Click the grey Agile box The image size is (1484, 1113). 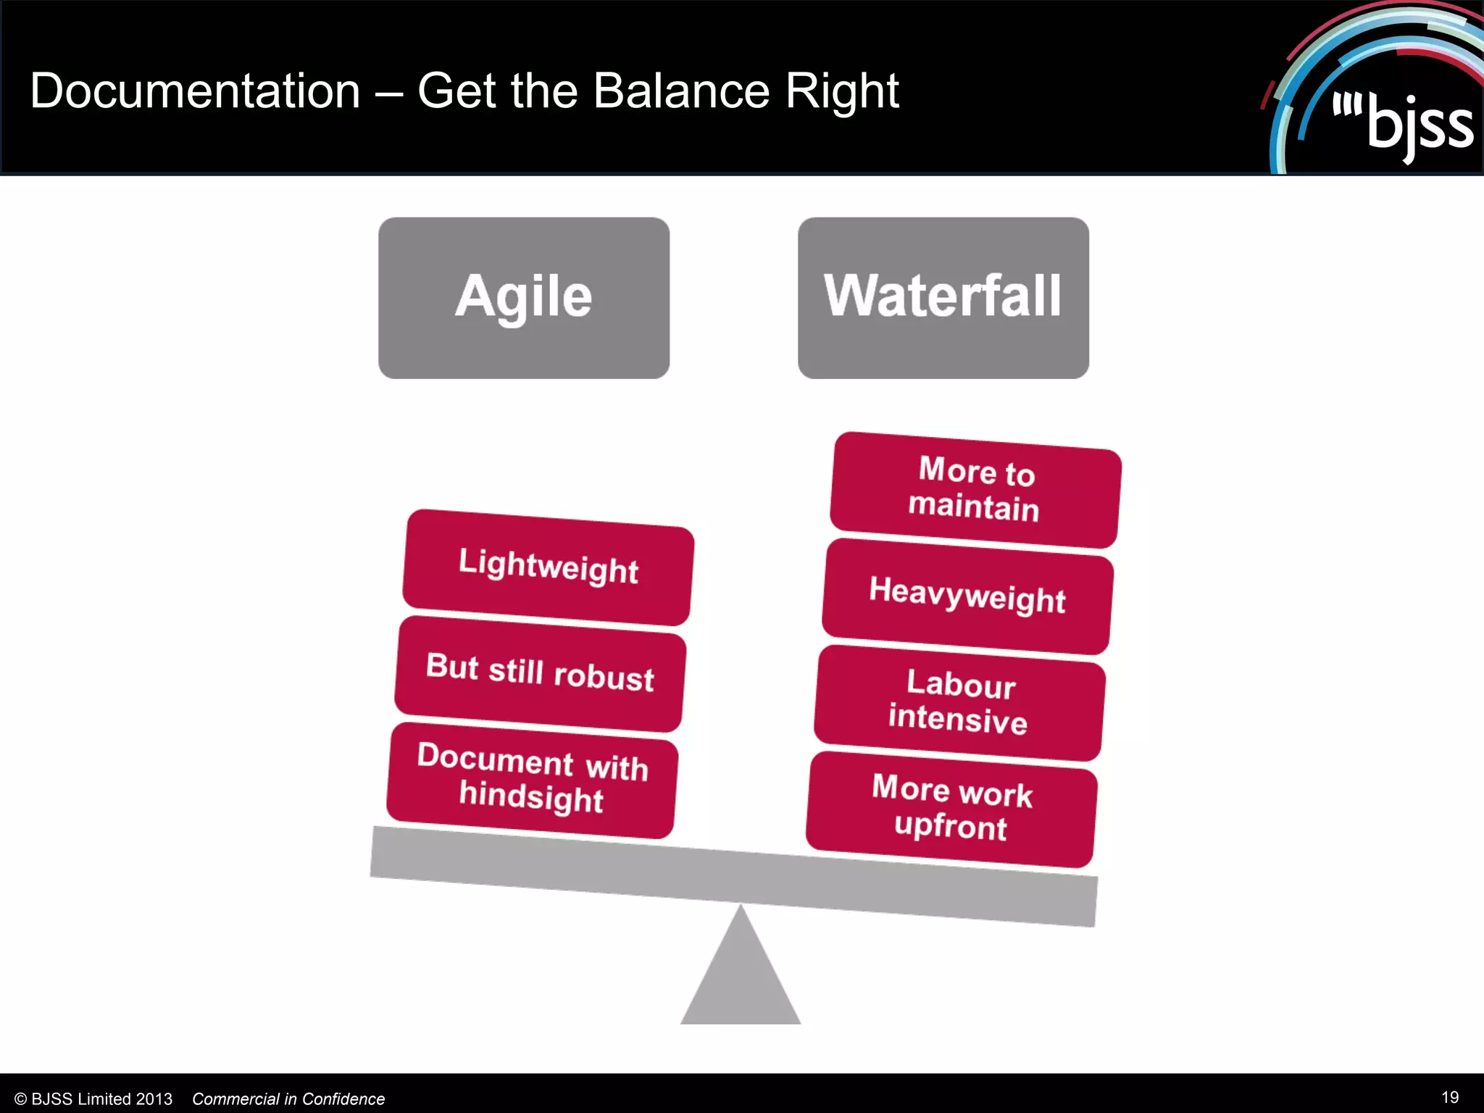click(x=524, y=298)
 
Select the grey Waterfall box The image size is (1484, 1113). click(x=943, y=298)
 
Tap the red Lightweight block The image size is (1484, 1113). click(x=549, y=567)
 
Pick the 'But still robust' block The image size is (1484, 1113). click(x=541, y=673)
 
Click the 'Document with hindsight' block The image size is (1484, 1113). click(x=533, y=780)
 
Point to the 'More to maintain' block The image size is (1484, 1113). click(x=975, y=489)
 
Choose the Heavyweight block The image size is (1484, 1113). click(x=967, y=596)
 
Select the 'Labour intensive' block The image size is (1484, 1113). click(x=959, y=702)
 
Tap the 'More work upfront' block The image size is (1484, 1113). click(x=951, y=809)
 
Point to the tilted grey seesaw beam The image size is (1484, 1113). click(x=733, y=877)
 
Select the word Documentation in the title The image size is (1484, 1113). click(x=195, y=91)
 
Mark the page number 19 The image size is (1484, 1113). click(x=1450, y=1097)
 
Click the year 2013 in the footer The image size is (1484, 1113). click(x=154, y=1099)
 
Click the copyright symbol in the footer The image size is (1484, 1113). click(x=20, y=1099)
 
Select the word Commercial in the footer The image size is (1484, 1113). click(x=235, y=1099)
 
